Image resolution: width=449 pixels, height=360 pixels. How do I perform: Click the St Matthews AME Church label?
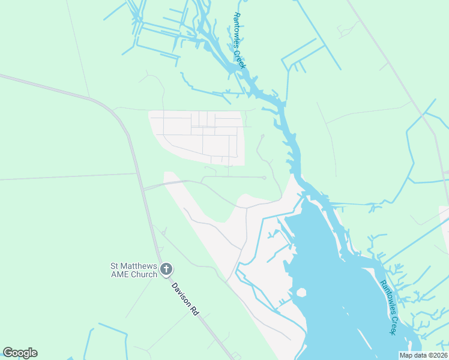(x=133, y=270)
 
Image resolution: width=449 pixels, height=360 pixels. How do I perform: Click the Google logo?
(x=20, y=353)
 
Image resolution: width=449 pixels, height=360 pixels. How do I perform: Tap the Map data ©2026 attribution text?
(x=423, y=355)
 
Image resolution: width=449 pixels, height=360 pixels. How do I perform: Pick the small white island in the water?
(x=301, y=293)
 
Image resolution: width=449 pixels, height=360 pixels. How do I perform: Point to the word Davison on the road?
(x=181, y=293)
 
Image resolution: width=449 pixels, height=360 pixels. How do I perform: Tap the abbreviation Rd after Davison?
(x=194, y=310)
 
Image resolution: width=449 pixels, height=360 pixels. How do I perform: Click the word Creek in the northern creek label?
(x=241, y=59)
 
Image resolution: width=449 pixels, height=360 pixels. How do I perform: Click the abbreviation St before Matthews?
(x=113, y=266)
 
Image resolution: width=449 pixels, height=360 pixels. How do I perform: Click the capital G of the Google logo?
(x=8, y=353)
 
